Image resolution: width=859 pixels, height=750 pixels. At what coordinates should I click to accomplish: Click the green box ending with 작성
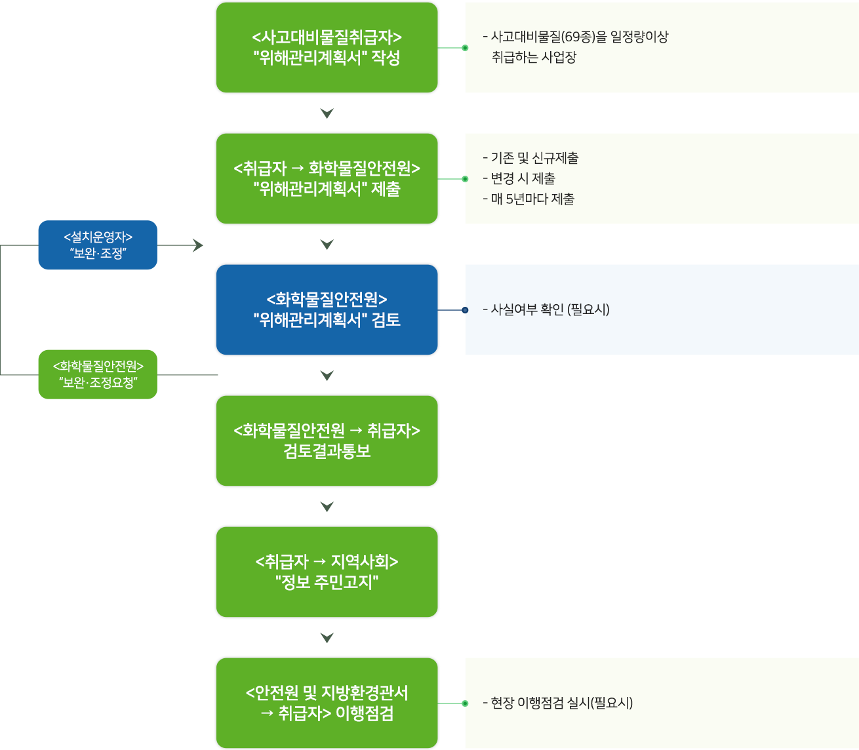click(327, 47)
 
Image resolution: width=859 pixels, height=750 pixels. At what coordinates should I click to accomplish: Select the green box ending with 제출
click(327, 178)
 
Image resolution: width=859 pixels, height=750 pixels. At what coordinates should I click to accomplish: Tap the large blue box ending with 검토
click(327, 309)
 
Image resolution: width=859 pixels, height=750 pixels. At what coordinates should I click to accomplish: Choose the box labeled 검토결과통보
click(327, 441)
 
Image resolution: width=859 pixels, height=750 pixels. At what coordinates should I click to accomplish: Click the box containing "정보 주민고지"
click(327, 572)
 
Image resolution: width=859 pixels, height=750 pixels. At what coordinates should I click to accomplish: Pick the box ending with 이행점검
click(327, 703)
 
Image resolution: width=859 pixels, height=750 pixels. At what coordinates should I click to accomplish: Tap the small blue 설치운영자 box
click(98, 245)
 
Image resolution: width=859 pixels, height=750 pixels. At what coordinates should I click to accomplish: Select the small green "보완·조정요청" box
click(98, 374)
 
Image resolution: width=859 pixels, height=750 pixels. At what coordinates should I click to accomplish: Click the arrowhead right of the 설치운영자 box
click(198, 245)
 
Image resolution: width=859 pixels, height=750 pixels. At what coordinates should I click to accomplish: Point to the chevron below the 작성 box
click(327, 113)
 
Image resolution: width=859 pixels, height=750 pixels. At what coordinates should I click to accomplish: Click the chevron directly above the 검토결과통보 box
click(327, 375)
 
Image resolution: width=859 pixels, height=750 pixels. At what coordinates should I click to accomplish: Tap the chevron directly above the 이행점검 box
click(327, 637)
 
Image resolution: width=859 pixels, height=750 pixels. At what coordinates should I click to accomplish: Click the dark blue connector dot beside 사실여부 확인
click(465, 310)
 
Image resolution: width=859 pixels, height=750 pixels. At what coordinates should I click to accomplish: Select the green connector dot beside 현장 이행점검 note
click(465, 703)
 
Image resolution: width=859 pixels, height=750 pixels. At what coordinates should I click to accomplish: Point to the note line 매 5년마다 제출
click(529, 199)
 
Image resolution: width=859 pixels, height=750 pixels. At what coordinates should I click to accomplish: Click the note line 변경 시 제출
click(519, 178)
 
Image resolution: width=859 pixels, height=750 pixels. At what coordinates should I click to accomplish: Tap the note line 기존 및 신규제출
click(530, 158)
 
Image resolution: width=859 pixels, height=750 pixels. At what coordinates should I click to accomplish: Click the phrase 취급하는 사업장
click(534, 57)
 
